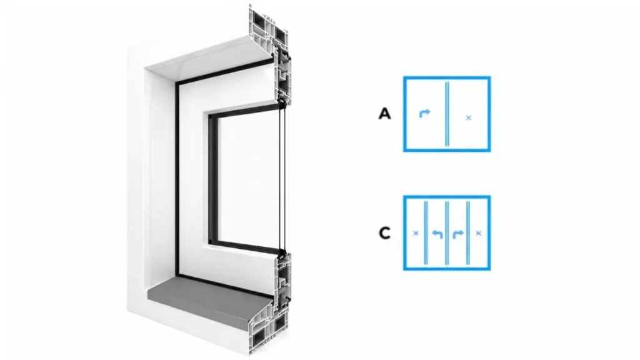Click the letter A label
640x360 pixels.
[384, 114]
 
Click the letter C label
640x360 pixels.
[384, 233]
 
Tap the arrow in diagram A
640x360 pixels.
[424, 113]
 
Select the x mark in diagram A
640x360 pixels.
[469, 118]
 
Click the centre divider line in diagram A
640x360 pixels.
[447, 114]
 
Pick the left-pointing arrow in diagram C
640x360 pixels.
[437, 234]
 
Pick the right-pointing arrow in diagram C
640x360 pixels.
[458, 234]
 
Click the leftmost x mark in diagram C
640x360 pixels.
[416, 234]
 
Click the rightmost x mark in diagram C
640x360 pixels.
[479, 234]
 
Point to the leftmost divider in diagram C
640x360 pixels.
[426, 232]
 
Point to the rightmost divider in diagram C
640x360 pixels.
[468, 232]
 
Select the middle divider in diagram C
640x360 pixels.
[447, 232]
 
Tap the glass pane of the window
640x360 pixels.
[248, 179]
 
